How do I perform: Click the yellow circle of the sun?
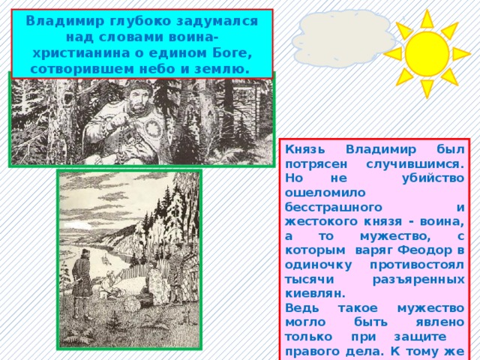[426, 53]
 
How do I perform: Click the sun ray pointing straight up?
[427, 17]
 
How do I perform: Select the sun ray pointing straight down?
[427, 89]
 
